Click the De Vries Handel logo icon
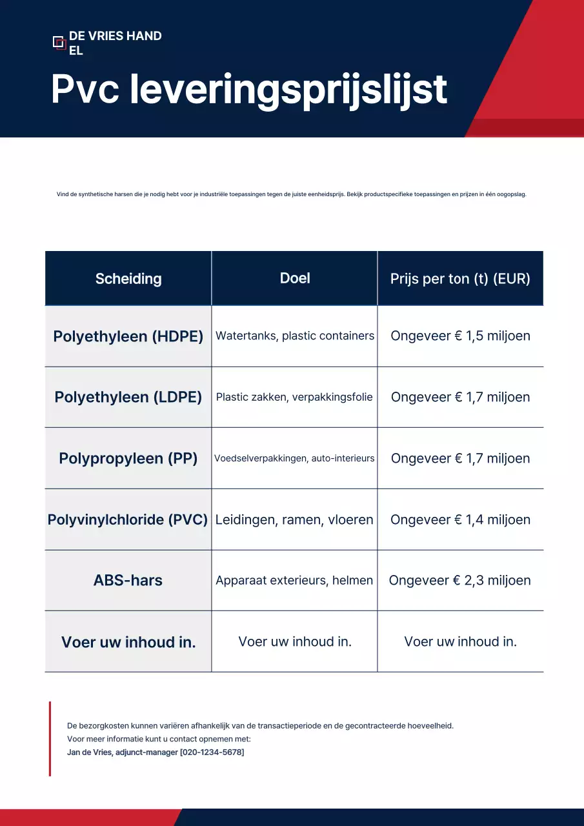click(59, 43)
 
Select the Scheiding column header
click(128, 279)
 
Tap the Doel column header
click(295, 278)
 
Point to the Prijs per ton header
click(460, 279)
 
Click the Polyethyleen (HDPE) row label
click(128, 336)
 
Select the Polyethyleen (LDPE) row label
click(128, 397)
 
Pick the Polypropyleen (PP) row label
click(128, 458)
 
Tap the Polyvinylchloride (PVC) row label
click(128, 519)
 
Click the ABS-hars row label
click(128, 580)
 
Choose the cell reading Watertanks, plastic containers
click(295, 336)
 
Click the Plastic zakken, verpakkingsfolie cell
click(294, 397)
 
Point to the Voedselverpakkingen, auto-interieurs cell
click(294, 458)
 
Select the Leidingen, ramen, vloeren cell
click(294, 519)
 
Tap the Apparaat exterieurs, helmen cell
click(294, 580)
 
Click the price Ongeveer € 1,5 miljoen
click(460, 336)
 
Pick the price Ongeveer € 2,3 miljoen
click(459, 580)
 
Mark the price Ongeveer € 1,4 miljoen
click(460, 519)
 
